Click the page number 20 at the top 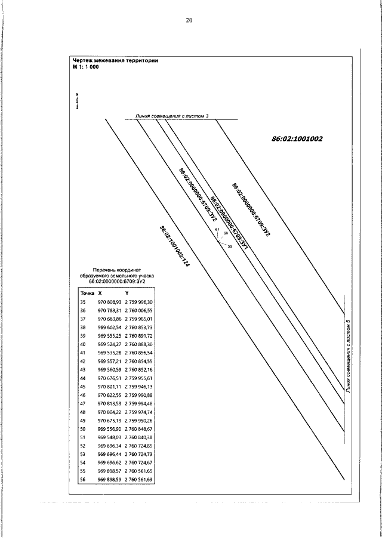189,20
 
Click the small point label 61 217,230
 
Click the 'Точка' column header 87,293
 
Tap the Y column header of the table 127,293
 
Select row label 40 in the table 83,344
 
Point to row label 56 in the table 83,479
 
